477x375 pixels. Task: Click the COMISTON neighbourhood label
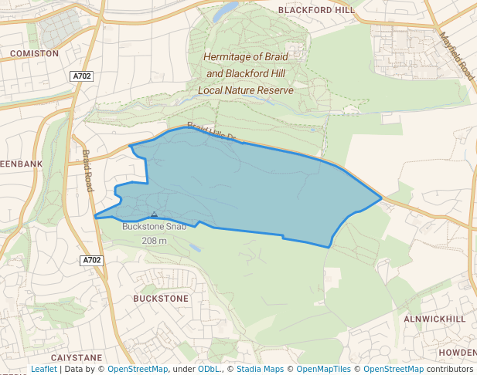coord(34,53)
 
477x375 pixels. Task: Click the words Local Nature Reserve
coord(246,90)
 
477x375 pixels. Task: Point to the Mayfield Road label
coord(455,56)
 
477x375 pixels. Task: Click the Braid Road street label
coord(88,171)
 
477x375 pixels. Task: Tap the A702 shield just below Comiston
coord(81,76)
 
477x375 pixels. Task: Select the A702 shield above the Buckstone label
coord(92,260)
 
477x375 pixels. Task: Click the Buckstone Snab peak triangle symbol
coord(155,215)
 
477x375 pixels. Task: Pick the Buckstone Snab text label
coord(155,228)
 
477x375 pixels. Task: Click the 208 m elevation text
coord(155,241)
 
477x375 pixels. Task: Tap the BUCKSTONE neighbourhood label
coord(161,298)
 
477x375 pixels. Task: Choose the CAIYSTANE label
coord(76,358)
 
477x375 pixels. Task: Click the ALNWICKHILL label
coord(434,319)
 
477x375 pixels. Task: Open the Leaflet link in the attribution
coord(43,370)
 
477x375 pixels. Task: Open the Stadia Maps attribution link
coord(259,370)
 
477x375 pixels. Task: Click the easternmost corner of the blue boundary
coord(382,198)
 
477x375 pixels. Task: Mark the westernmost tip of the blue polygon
coord(95,218)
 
